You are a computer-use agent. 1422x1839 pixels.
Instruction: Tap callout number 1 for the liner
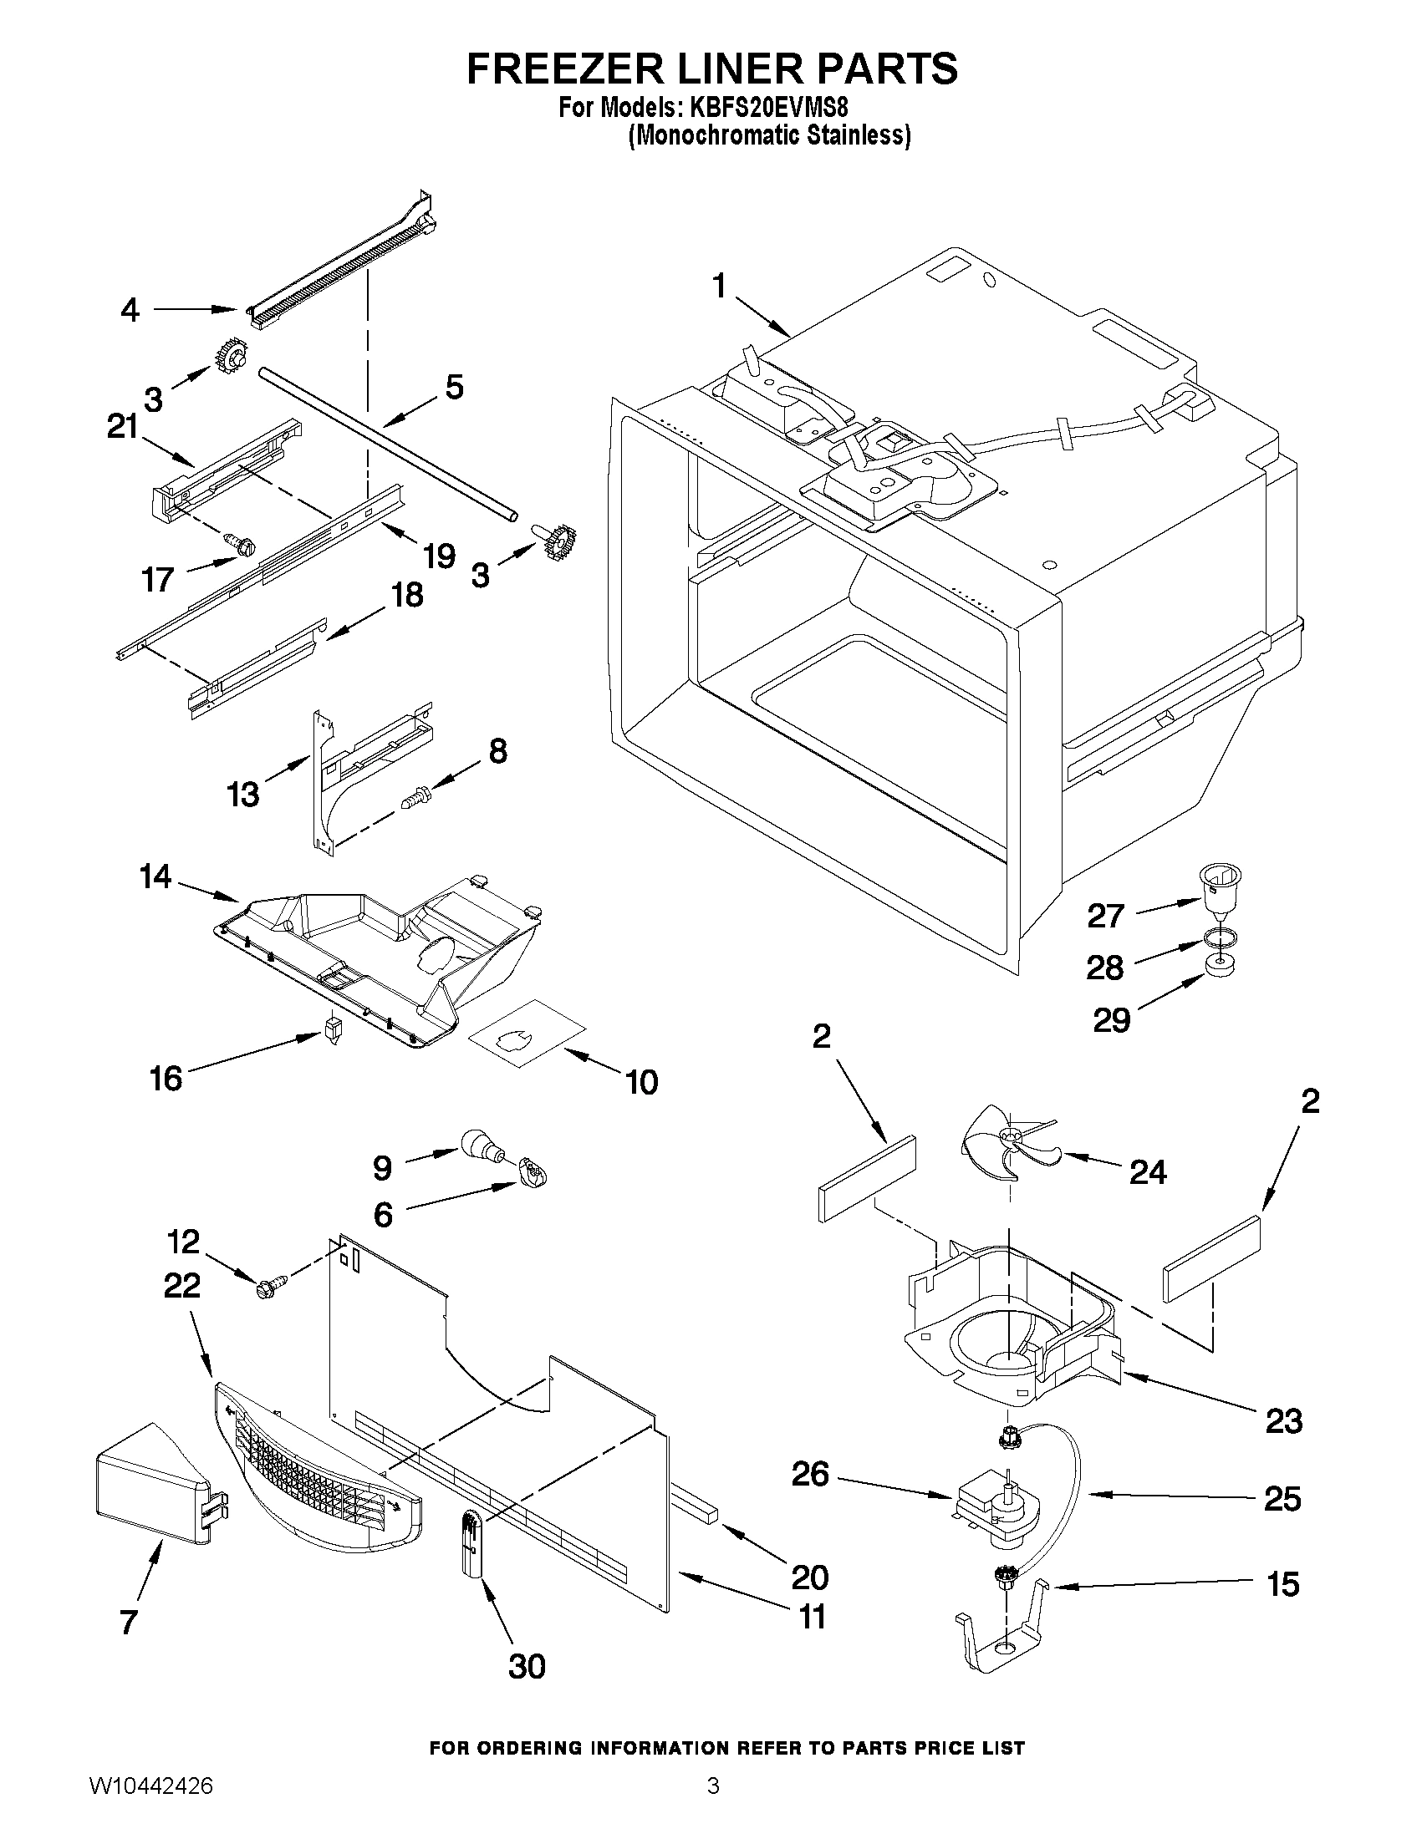tap(719, 287)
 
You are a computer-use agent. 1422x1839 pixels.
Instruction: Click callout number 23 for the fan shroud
tap(1283, 1421)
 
